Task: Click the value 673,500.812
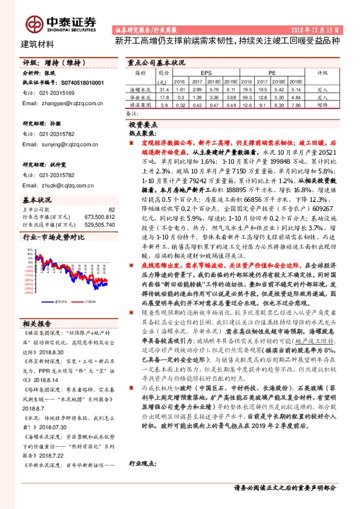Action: pos(100,216)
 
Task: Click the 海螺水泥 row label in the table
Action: pos(142,88)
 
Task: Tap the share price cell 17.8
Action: pos(163,96)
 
